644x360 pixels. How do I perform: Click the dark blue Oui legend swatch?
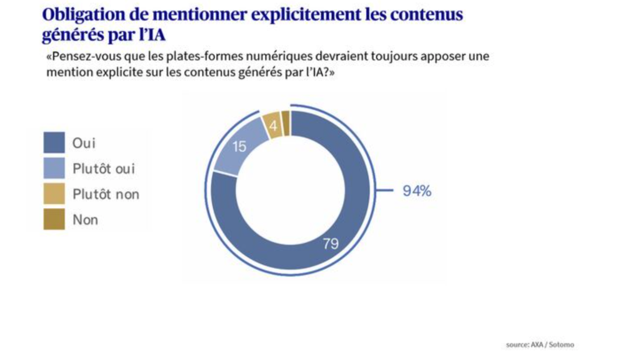click(x=54, y=143)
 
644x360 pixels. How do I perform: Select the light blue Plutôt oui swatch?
click(x=54, y=168)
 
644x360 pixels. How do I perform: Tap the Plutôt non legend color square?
click(x=54, y=194)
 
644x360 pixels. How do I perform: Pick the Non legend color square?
click(x=54, y=219)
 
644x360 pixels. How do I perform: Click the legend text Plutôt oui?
click(x=104, y=169)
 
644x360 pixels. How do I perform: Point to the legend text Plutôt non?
click(x=106, y=194)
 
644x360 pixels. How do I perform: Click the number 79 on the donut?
click(x=331, y=244)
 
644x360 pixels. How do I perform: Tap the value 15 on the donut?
click(x=240, y=147)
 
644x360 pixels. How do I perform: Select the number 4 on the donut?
click(x=273, y=126)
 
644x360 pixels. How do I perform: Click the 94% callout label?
click(x=417, y=191)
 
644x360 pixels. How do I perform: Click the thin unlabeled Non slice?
click(x=285, y=123)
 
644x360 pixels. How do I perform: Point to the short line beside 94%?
click(x=385, y=190)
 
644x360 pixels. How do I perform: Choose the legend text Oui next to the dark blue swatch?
click(x=84, y=143)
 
